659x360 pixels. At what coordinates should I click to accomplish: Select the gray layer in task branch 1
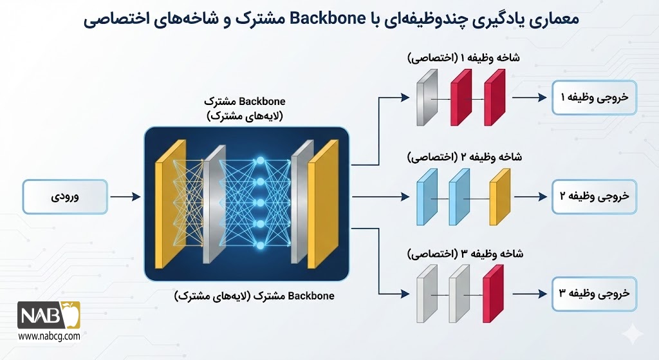click(424, 98)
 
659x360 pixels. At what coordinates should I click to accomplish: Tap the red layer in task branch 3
click(492, 293)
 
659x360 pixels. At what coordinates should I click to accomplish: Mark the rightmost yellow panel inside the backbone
click(323, 204)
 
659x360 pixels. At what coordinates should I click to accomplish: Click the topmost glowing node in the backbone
click(261, 158)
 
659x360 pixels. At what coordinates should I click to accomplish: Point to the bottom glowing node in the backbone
click(261, 246)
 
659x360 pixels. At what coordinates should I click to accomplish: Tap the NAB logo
click(48, 317)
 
